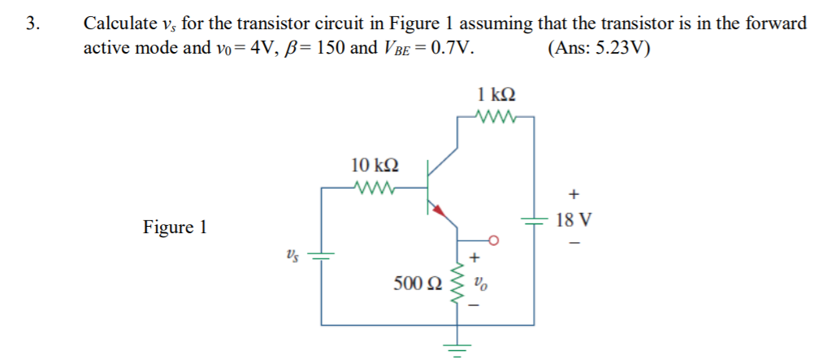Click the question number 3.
pyautogui.click(x=32, y=24)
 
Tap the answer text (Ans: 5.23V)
pyautogui.click(x=602, y=47)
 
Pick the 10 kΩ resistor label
pyautogui.click(x=375, y=165)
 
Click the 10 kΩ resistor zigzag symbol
pyautogui.click(x=375, y=189)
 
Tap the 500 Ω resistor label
pyautogui.click(x=418, y=284)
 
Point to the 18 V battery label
pyautogui.click(x=574, y=220)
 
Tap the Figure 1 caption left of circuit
pyautogui.click(x=175, y=227)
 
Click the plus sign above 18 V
pyautogui.click(x=574, y=195)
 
